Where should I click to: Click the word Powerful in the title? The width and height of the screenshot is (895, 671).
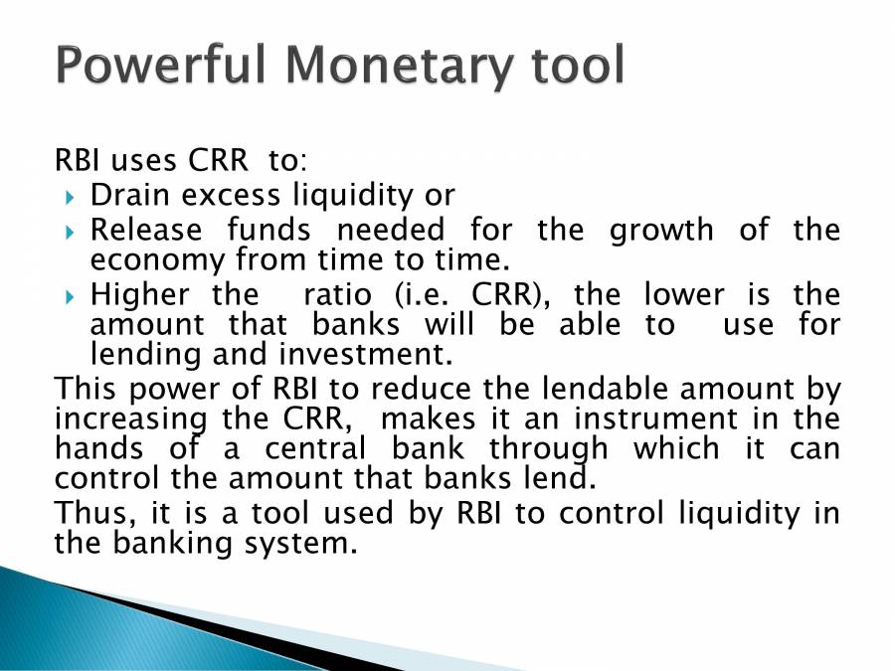(x=161, y=65)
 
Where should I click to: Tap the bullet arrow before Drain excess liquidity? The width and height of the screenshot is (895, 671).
(x=69, y=196)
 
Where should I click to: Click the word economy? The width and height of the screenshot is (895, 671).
(x=158, y=261)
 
